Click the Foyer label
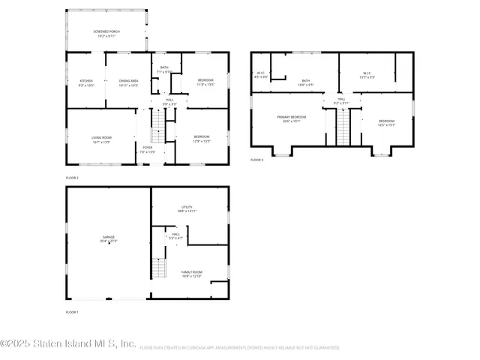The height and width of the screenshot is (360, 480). tap(148, 147)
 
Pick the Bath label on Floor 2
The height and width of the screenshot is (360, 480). tap(164, 67)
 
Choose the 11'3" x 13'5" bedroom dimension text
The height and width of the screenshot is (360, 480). tap(205, 85)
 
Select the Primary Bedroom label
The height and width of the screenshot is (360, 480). tap(291, 118)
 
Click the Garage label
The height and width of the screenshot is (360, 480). tap(109, 241)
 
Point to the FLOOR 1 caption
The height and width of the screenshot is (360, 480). tap(72, 311)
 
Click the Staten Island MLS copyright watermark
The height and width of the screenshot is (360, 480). tap(68, 343)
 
